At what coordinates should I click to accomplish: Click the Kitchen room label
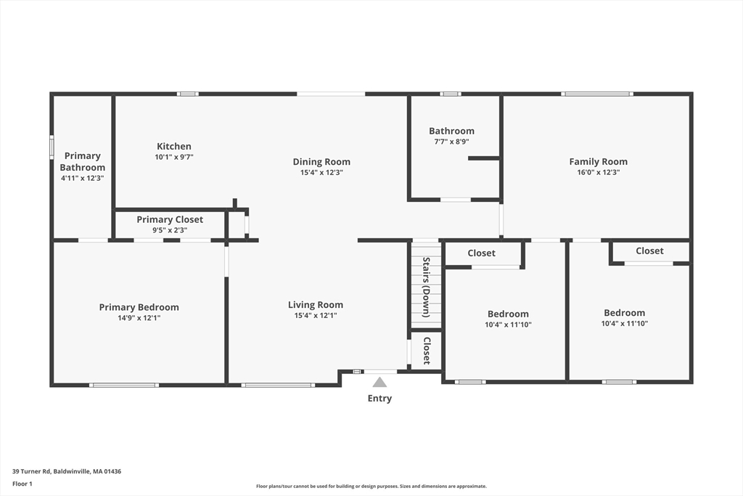pos(174,147)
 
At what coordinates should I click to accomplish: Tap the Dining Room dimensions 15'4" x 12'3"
pos(321,173)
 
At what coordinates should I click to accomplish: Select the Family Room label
pos(598,162)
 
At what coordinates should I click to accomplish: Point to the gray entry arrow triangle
pos(379,382)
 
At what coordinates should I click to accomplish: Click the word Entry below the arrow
pos(379,398)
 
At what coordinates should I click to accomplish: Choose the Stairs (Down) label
pos(426,288)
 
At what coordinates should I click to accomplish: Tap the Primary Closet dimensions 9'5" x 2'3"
pos(170,230)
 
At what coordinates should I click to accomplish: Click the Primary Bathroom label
pos(83,162)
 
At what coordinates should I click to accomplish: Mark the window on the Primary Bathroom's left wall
pos(52,147)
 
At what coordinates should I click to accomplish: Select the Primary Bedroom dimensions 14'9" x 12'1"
pos(139,317)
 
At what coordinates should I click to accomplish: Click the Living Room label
pos(316,305)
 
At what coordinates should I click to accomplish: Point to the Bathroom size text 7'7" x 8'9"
pos(451,142)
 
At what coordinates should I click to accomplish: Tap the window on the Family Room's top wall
pos(597,94)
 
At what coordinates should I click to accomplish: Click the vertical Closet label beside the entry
pos(427,351)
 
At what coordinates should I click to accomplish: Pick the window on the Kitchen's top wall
pos(188,94)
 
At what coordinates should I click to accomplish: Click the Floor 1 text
pos(22,484)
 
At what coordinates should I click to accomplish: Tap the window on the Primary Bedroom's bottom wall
pos(123,385)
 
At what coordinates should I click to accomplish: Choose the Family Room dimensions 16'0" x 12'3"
pos(598,173)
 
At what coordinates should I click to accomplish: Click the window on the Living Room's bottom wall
pos(278,385)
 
